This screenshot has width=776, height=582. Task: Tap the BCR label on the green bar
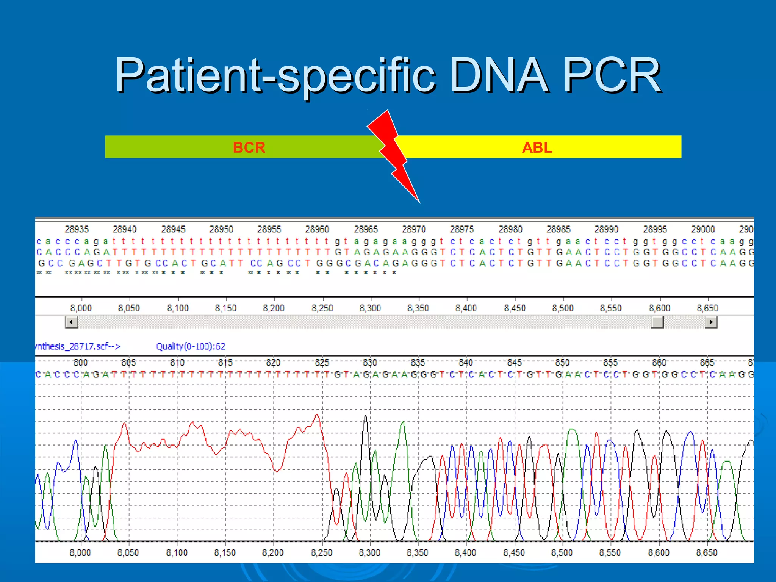[249, 147]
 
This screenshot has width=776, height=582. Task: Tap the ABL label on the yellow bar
[537, 147]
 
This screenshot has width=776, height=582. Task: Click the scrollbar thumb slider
[657, 322]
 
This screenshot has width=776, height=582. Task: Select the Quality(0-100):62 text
[191, 346]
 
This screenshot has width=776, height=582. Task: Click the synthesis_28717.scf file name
[77, 346]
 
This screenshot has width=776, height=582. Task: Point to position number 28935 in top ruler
[77, 229]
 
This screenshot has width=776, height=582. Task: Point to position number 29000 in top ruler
[703, 229]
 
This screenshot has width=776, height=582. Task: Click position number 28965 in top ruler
[366, 229]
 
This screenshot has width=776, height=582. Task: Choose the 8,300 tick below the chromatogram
[369, 553]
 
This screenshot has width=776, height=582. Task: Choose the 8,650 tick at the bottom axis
[707, 553]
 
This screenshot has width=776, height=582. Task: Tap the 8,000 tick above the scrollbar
[81, 308]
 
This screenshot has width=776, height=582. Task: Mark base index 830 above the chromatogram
[370, 363]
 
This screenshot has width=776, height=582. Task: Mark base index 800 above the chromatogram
[81, 363]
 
